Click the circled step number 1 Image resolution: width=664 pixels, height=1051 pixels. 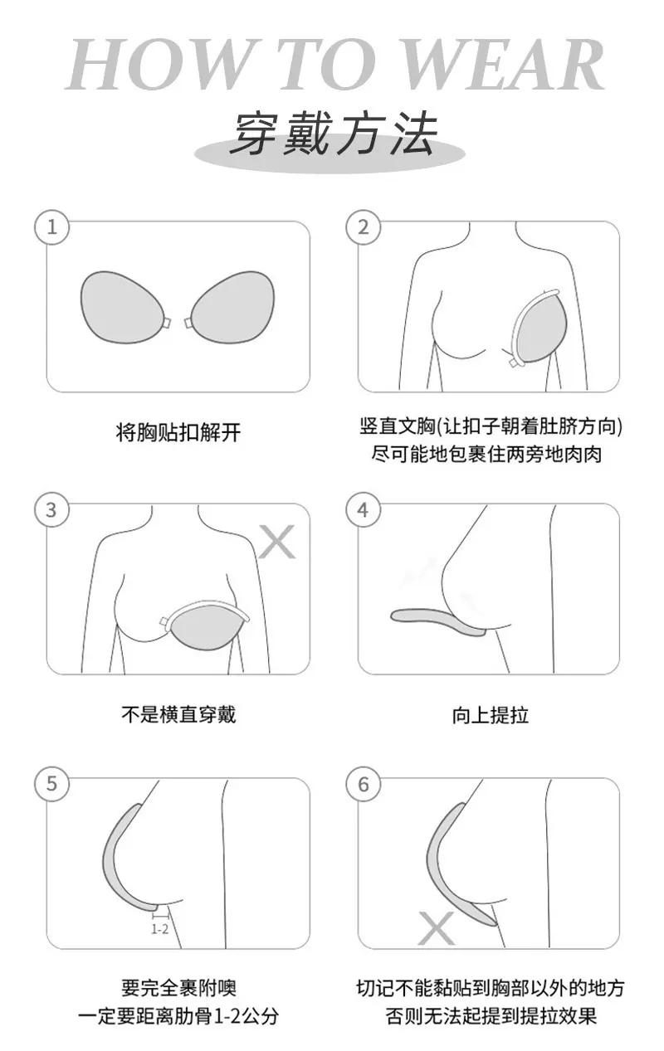pos(51,227)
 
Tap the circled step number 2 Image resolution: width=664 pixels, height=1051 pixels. pos(364,227)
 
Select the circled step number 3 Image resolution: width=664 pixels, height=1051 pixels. pos(51,510)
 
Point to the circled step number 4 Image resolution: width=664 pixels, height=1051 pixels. pos(364,510)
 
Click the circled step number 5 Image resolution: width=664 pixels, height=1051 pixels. pos(51,784)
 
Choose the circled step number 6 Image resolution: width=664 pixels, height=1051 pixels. pos(364,784)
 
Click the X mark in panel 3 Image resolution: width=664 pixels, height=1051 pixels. pos(277,542)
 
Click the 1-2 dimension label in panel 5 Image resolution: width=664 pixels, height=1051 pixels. pos(159,929)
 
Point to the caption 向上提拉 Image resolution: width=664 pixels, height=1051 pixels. pos(491,716)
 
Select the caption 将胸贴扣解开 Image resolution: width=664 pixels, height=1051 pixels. pos(178,432)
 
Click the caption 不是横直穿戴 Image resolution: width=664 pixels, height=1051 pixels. pos(178,714)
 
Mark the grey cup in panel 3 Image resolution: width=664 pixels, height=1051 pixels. pos(207,626)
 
